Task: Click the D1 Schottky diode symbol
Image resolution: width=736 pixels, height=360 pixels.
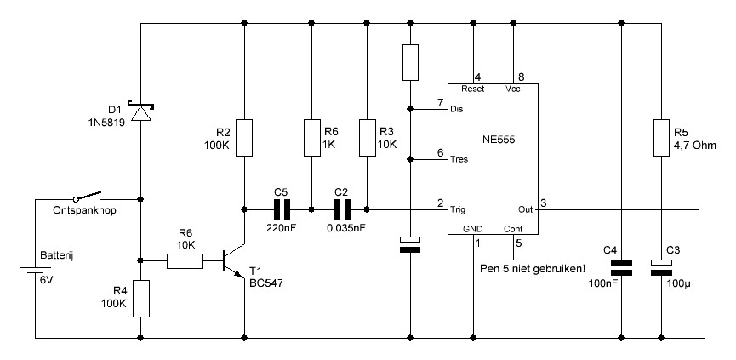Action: click(x=140, y=112)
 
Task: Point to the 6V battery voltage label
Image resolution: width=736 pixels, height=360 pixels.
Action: click(x=47, y=280)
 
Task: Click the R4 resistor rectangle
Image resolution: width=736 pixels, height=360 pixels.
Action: click(x=140, y=299)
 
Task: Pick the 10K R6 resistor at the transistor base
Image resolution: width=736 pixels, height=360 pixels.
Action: click(x=185, y=261)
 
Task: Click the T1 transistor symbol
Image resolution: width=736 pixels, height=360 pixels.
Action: click(x=233, y=262)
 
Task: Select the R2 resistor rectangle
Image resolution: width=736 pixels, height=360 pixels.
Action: click(x=244, y=138)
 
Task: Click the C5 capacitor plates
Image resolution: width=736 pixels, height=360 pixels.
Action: click(x=282, y=210)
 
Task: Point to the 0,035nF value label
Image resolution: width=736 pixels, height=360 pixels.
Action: click(x=346, y=228)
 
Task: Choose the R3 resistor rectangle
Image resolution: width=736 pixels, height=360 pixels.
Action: click(x=367, y=138)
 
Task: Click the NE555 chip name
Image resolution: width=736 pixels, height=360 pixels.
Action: click(x=499, y=140)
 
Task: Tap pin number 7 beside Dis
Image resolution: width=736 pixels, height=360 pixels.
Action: click(x=440, y=103)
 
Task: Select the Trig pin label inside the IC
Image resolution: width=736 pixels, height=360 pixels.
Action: click(x=458, y=209)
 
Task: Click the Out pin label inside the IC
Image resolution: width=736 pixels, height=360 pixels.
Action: click(x=526, y=209)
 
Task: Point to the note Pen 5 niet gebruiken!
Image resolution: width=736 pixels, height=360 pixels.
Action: click(x=533, y=270)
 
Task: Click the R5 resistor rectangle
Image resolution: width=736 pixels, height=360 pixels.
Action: click(x=661, y=138)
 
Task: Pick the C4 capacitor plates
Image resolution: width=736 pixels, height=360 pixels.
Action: click(x=621, y=267)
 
